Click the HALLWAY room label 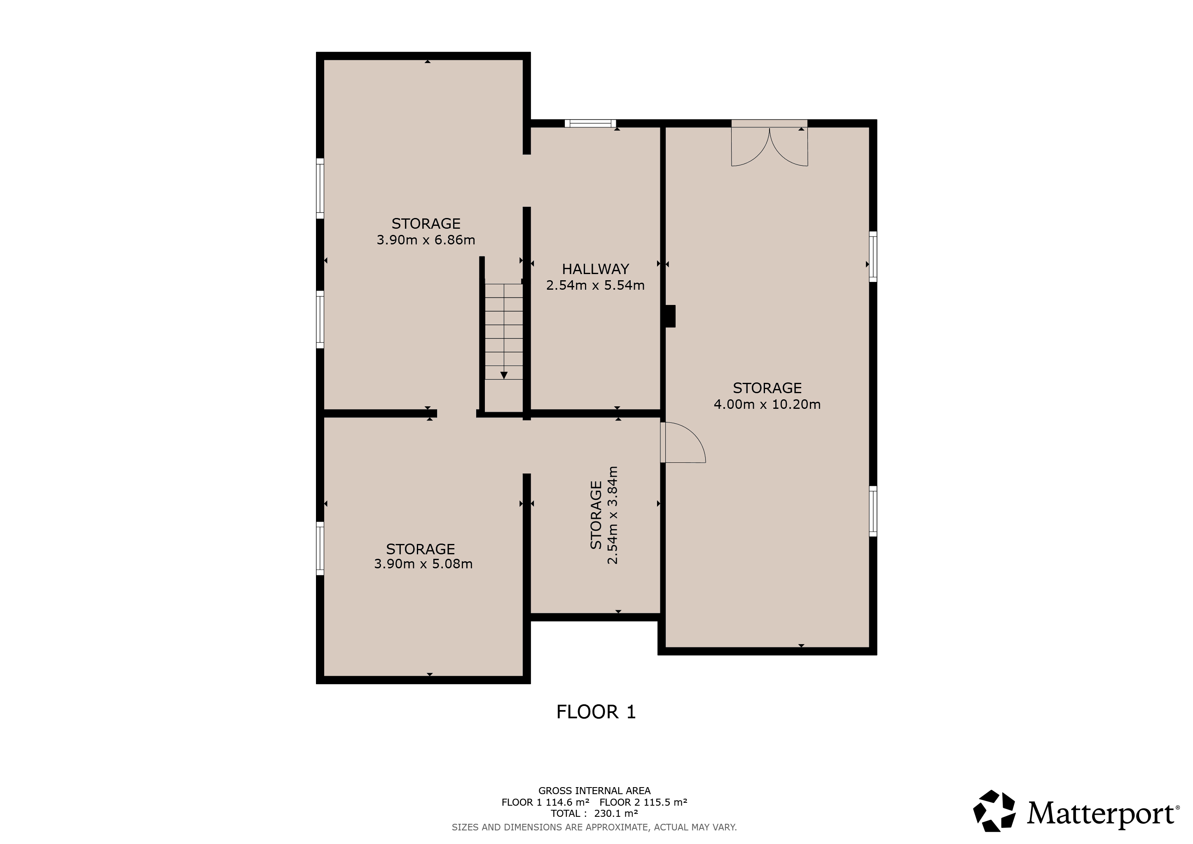595,269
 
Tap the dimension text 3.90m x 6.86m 426,240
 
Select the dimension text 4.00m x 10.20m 767,404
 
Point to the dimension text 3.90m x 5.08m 423,564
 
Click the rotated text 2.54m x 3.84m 613,515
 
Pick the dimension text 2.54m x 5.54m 595,285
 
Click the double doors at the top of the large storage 770,143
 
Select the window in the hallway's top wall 590,124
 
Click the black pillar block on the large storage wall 670,316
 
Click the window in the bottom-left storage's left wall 320,548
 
